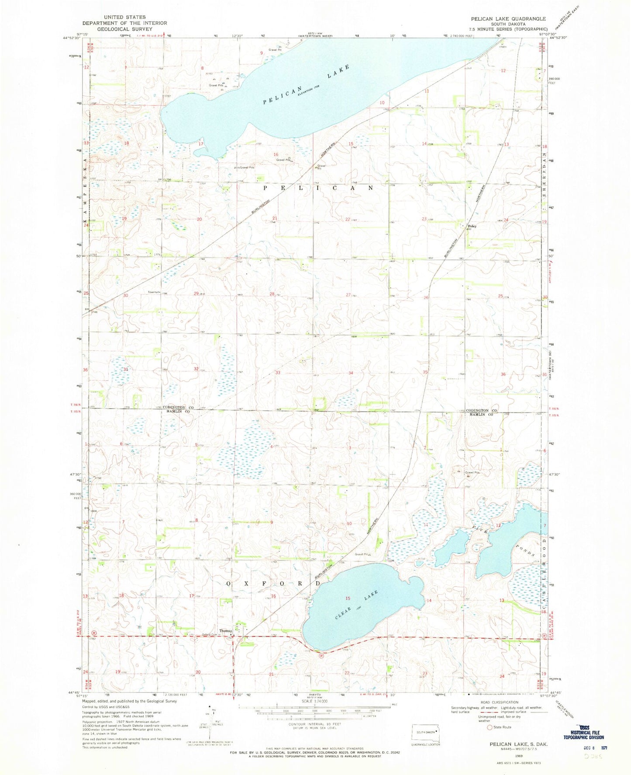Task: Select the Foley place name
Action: tap(472, 226)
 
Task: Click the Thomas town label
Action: tap(226, 631)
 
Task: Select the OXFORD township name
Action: tap(274, 584)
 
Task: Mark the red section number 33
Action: tap(278, 373)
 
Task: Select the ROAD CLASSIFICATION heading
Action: tap(499, 702)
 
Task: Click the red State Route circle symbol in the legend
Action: tap(483, 727)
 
